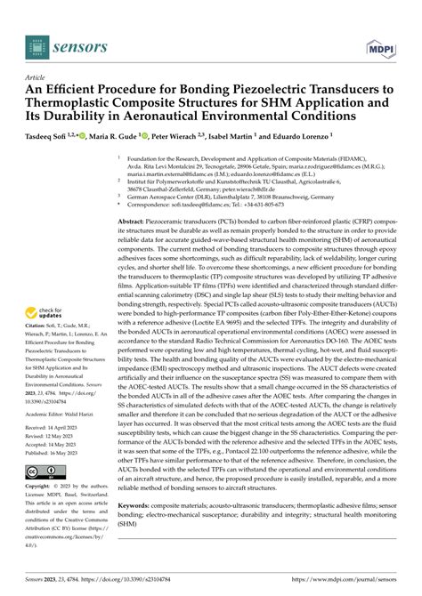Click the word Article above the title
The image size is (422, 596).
coord(37,77)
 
